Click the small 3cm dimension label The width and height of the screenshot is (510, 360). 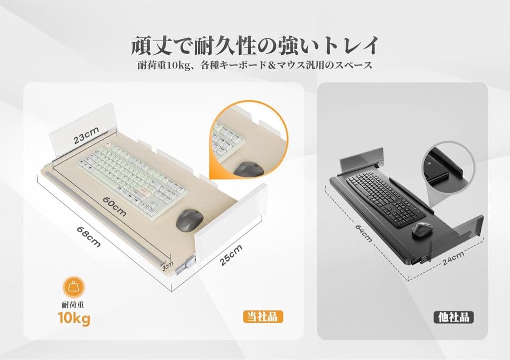tap(167, 267)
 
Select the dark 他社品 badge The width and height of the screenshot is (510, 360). tap(453, 317)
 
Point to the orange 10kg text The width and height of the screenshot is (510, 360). tap(74, 319)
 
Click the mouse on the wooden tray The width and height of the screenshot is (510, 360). tap(189, 220)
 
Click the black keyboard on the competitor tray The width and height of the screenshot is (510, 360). tap(385, 198)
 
